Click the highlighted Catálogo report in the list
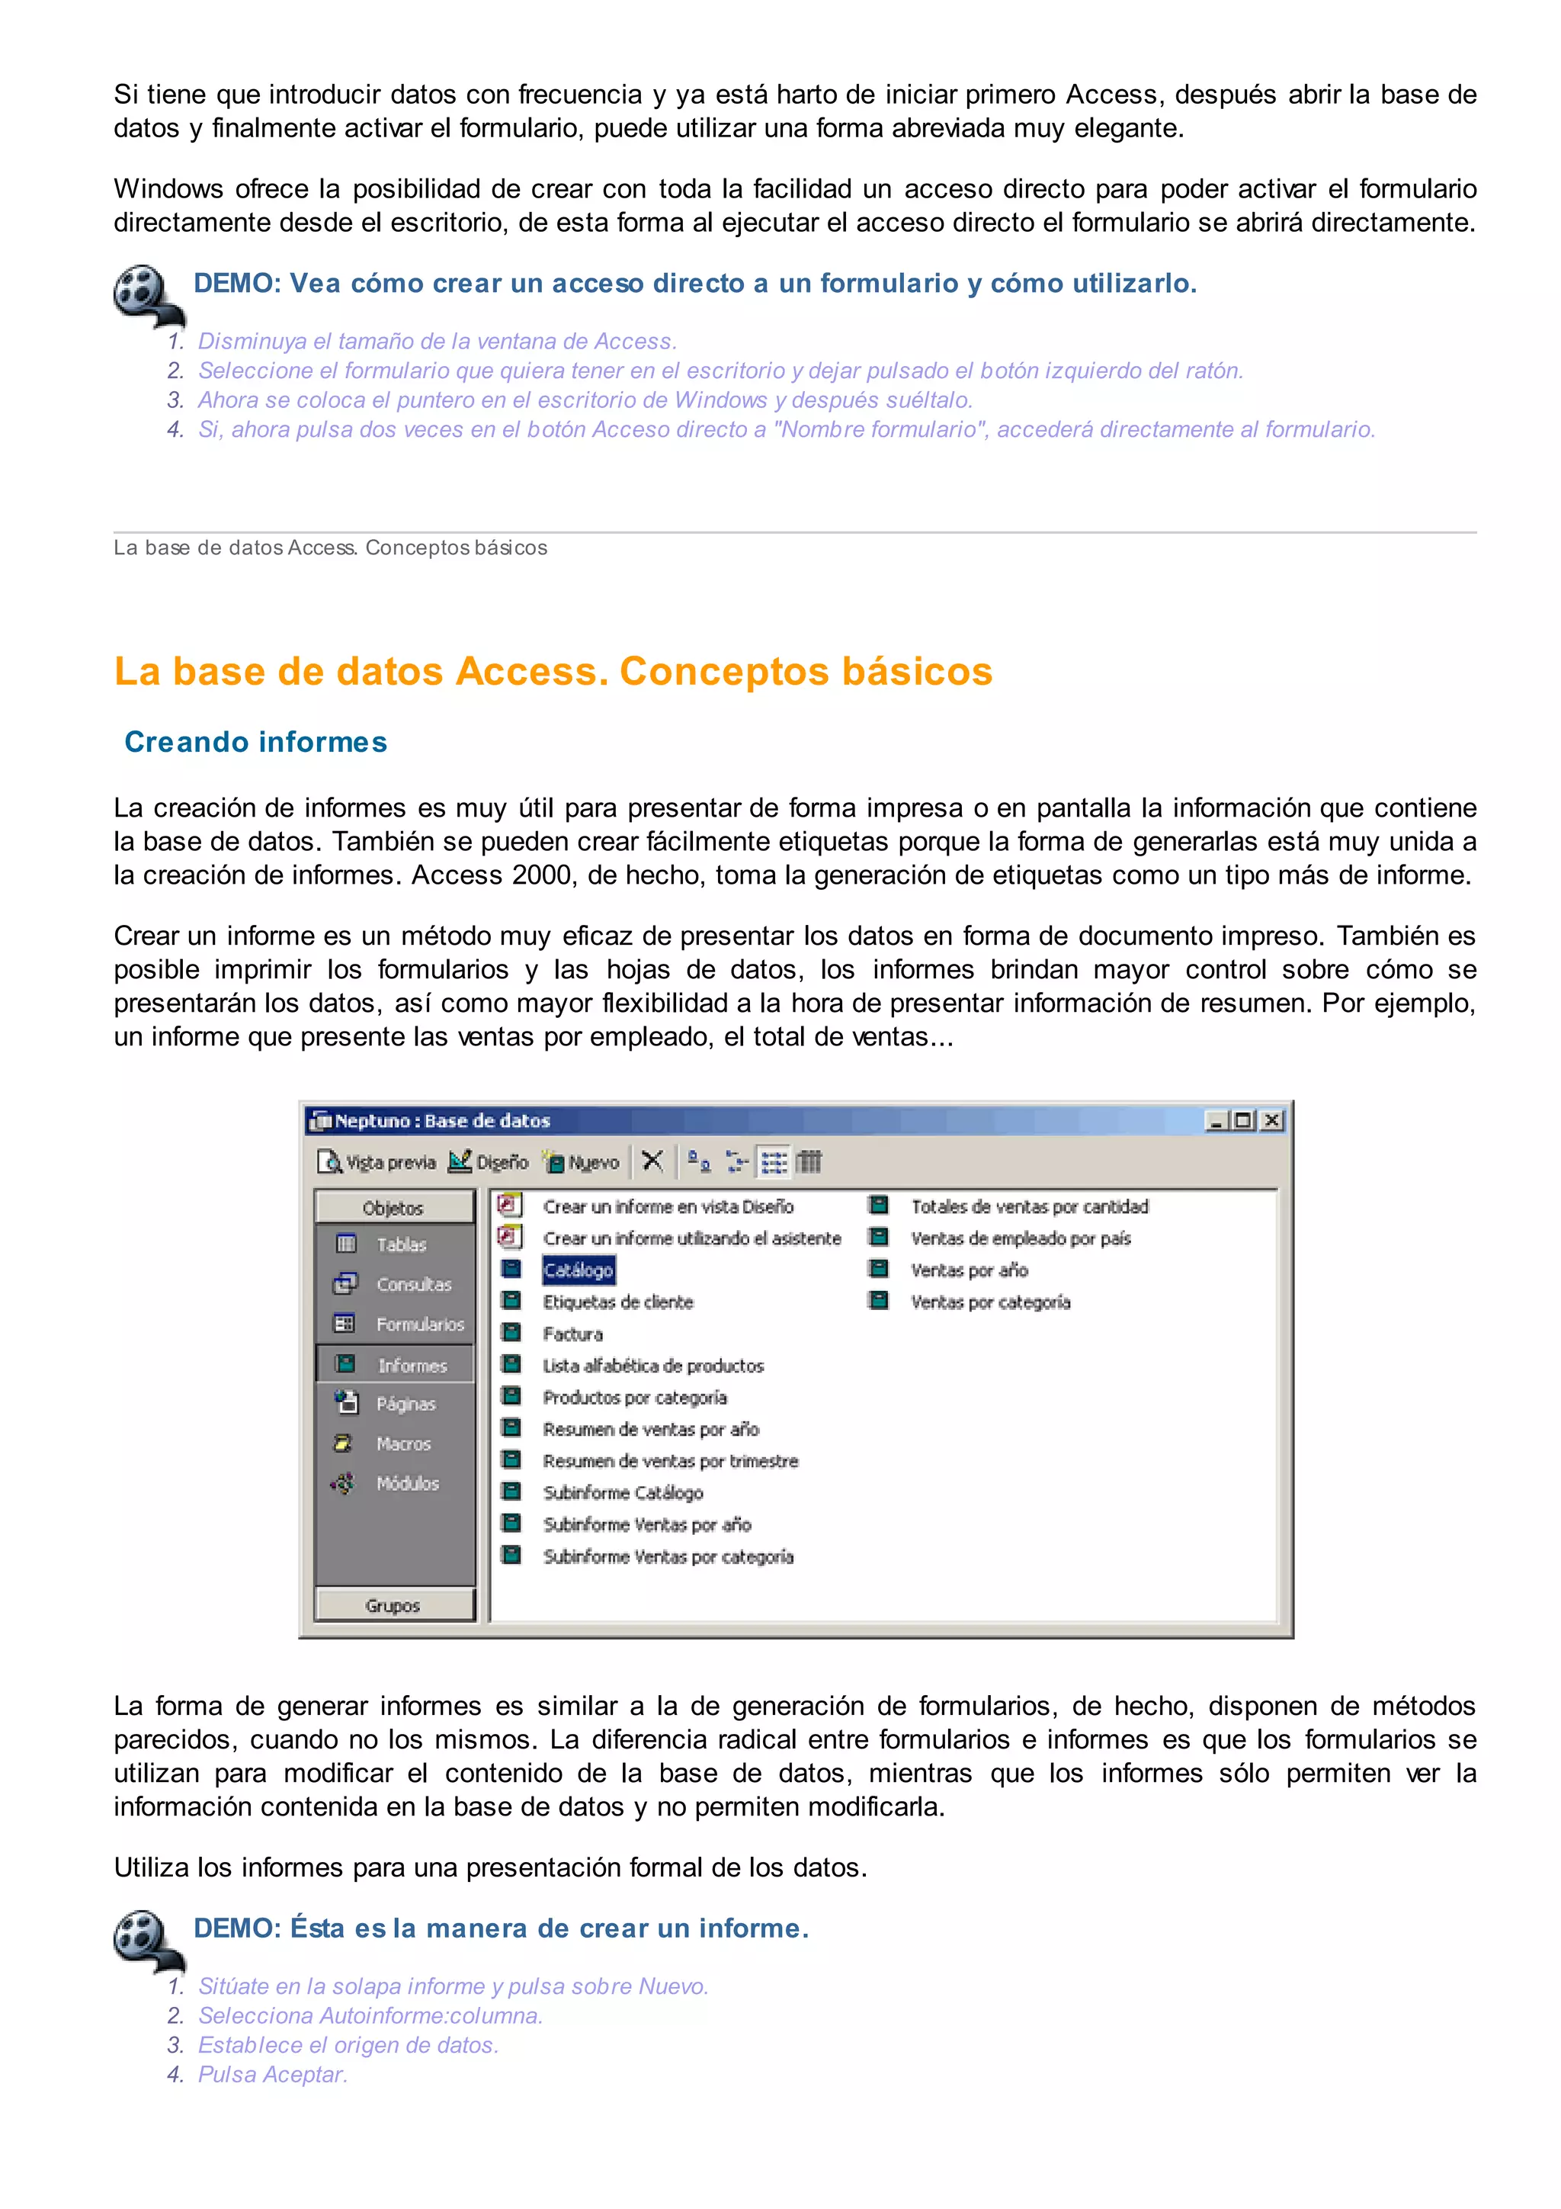tap(577, 1270)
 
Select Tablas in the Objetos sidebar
tap(400, 1244)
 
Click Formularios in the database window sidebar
tap(419, 1324)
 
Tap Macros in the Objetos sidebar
tap(403, 1443)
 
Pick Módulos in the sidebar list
tap(407, 1482)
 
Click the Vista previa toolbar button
tap(377, 1162)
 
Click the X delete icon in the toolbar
tap(652, 1161)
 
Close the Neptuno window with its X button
tap(1271, 1121)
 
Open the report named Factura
tap(572, 1334)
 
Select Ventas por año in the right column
tap(969, 1270)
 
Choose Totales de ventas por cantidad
tap(1028, 1206)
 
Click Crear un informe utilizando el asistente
tap(691, 1238)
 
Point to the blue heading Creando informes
tap(256, 742)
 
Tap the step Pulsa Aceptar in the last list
tap(272, 2074)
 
